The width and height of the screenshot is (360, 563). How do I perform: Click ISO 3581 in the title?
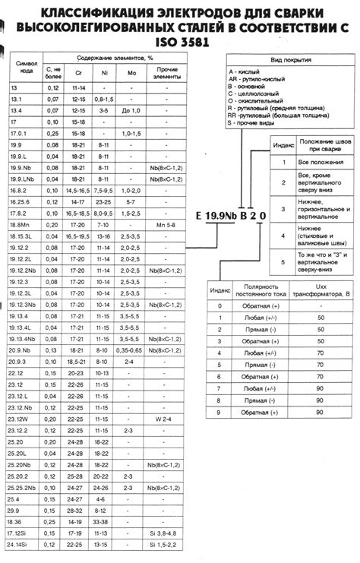(180, 43)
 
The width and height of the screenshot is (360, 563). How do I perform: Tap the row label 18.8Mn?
(20, 226)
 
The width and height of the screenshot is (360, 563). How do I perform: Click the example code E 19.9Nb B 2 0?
(231, 215)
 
